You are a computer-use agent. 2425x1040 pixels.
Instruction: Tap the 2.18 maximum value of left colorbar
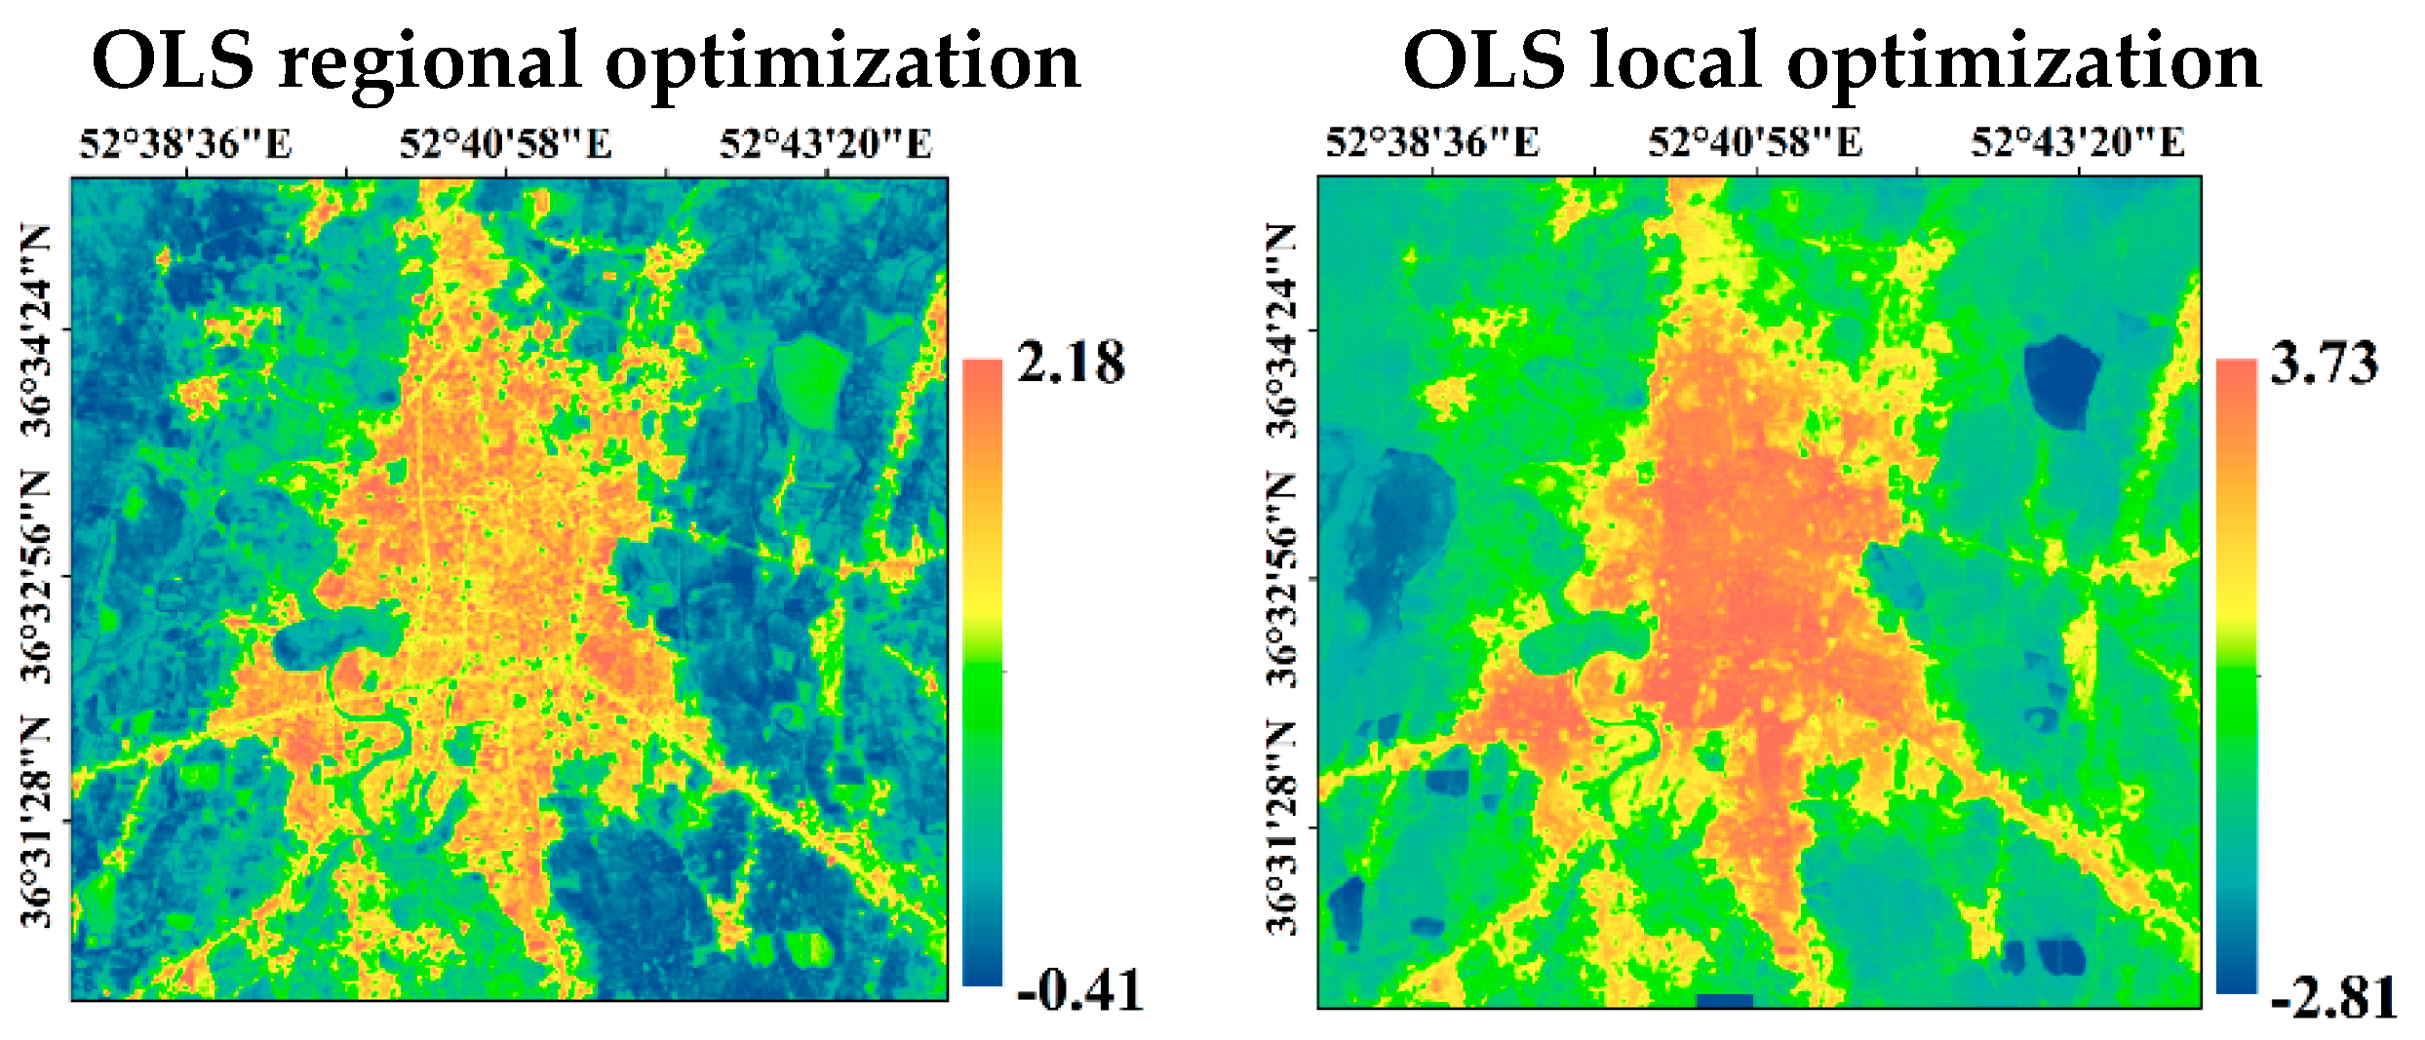(1070, 363)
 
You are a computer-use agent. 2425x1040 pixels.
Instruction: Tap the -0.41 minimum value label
(1078, 990)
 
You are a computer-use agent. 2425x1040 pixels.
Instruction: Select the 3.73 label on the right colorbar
(2324, 365)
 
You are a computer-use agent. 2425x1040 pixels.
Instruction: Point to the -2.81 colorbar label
(2332, 997)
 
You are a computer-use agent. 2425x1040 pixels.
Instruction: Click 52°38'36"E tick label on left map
(185, 144)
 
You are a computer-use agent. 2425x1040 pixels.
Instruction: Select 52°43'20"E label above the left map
(825, 144)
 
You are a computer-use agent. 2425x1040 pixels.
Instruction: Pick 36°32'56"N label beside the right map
(1283, 579)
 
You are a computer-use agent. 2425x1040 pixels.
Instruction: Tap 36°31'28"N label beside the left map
(37, 821)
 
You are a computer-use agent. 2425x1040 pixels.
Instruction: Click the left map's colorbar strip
(982, 673)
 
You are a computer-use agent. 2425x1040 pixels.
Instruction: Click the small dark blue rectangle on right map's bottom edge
(1724, 1000)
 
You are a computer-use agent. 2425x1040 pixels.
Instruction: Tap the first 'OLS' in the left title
(173, 60)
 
